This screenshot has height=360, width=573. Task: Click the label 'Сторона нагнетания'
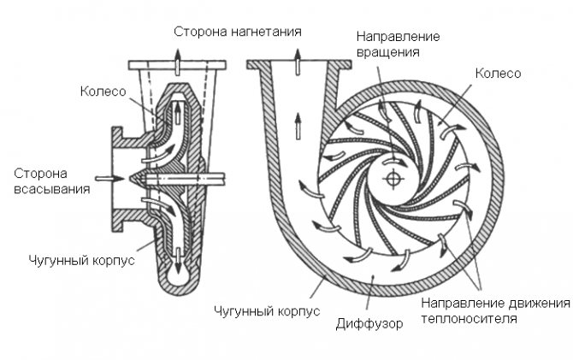coord(238,32)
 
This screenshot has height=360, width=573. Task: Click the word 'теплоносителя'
coord(475,319)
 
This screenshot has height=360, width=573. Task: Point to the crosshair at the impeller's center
coord(393,177)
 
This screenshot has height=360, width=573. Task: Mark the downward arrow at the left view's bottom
coord(179,253)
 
